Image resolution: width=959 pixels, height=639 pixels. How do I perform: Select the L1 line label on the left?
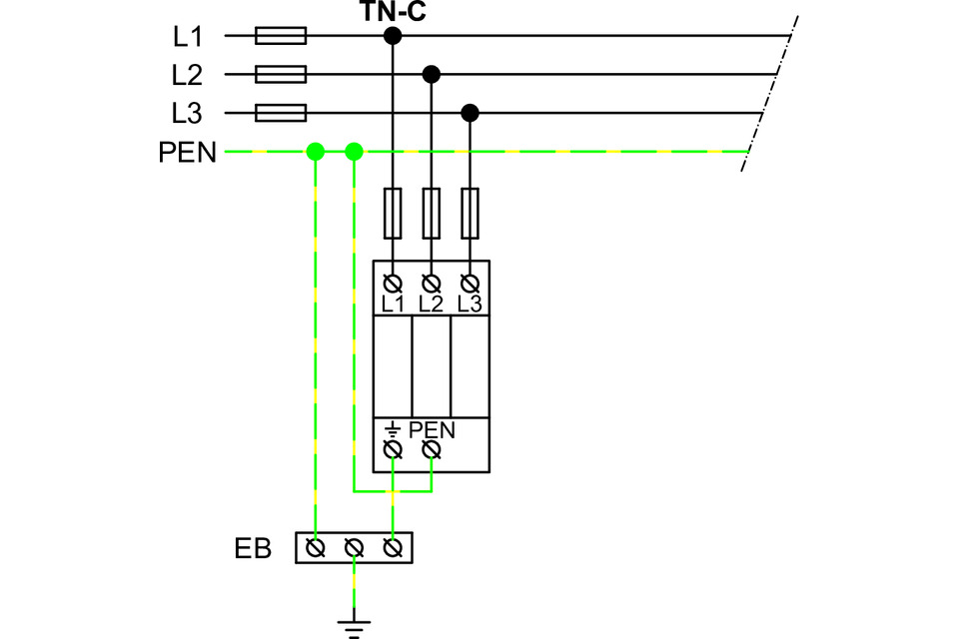tap(187, 37)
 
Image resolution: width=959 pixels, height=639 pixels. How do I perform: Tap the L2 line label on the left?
tap(187, 75)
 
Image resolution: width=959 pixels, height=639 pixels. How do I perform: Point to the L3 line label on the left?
tap(187, 113)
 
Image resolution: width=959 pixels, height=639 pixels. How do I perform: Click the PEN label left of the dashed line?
tap(187, 153)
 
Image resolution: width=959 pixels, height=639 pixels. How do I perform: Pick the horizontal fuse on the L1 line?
tap(281, 37)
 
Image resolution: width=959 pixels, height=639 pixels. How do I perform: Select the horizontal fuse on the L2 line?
tap(281, 75)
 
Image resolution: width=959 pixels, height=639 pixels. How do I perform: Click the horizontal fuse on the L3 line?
tap(281, 113)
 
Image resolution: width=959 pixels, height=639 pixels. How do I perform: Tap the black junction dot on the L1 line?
tap(393, 37)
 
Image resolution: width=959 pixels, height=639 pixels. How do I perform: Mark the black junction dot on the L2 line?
tap(432, 74)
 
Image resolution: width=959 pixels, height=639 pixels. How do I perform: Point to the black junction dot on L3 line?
tap(471, 112)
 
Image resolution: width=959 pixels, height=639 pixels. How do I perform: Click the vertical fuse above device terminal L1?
tap(393, 213)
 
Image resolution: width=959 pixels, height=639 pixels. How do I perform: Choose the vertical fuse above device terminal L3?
tap(471, 213)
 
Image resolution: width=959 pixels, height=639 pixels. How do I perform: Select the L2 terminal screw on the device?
tap(432, 282)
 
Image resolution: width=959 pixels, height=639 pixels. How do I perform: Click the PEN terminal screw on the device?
tap(432, 451)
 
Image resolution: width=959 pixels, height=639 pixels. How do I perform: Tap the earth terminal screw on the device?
tap(393, 451)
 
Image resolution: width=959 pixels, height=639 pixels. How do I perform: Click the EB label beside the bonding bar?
tap(253, 548)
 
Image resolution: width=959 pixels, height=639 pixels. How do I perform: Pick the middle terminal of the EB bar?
tap(354, 547)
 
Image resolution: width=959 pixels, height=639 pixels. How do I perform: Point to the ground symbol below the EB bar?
tap(354, 626)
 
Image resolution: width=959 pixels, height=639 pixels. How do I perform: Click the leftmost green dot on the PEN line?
tap(316, 152)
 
